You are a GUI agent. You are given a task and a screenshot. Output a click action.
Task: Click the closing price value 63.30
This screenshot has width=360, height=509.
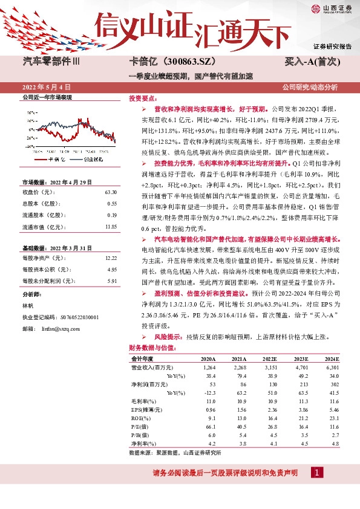[x=110, y=192]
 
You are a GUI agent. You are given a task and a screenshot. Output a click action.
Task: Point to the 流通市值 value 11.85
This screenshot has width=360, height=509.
[x=110, y=226]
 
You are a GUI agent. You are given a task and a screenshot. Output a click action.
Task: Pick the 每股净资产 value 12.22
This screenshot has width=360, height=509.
[x=110, y=258]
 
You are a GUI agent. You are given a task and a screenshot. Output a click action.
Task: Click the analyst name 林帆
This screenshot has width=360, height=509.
[x=28, y=306]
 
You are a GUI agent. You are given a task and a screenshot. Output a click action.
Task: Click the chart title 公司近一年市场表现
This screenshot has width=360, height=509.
[x=47, y=97]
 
